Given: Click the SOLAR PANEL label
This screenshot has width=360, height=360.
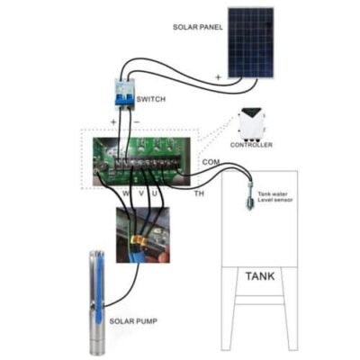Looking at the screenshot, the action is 198,27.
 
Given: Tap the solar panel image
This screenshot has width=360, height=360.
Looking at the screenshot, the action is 251,42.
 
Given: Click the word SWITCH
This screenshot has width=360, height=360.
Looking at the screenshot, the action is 151,99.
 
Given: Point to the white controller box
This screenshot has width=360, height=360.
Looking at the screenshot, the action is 253,123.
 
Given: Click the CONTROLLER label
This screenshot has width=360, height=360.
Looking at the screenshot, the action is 251,145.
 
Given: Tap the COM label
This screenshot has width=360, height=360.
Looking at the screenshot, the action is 211,162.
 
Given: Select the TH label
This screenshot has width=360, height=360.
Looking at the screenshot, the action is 199,193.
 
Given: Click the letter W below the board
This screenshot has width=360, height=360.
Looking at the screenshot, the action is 127,193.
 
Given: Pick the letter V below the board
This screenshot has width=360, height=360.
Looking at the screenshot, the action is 141,193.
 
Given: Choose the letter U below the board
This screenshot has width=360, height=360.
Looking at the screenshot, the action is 155,193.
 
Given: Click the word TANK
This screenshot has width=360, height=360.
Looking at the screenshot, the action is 260,276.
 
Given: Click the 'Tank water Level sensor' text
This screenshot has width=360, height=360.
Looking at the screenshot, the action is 275,197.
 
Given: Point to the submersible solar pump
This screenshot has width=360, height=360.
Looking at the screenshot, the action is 97,303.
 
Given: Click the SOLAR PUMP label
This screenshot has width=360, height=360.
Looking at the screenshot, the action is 133,321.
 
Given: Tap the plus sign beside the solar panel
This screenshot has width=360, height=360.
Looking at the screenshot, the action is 219,77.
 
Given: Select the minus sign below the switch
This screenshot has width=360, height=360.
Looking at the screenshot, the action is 137,122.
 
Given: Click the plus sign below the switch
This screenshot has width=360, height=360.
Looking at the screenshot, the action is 113,122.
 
